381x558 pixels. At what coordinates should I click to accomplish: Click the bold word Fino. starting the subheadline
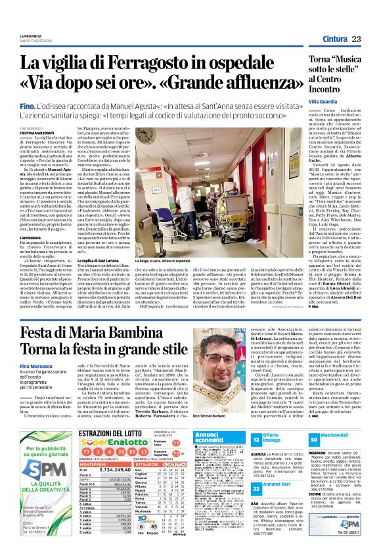pos(27,105)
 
